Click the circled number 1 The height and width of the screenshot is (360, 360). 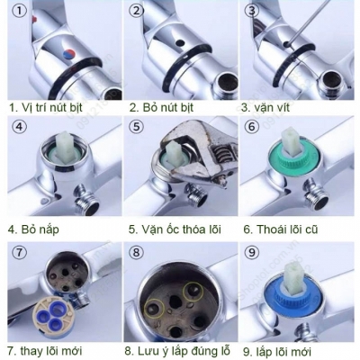point(19,11)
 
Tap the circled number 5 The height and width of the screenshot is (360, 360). point(137,126)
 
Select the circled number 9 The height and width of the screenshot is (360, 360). point(252,252)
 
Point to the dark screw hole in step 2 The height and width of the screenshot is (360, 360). point(180,43)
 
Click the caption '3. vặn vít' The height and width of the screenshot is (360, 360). point(265,107)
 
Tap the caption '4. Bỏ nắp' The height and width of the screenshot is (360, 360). point(33,229)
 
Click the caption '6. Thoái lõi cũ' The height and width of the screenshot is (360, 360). point(281,229)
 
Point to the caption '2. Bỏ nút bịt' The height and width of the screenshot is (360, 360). point(161,107)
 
